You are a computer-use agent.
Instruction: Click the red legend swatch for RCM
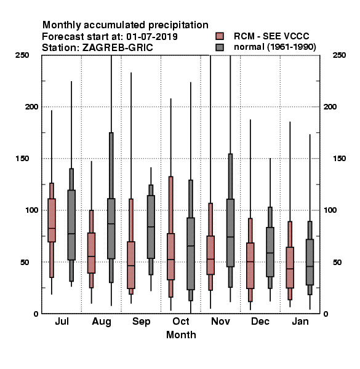[x=220, y=36]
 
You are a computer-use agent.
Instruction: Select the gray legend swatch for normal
[x=220, y=47]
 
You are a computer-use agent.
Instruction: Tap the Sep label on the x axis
[x=142, y=322]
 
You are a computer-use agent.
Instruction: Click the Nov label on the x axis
[x=220, y=321]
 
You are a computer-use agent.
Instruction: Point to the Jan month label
[x=300, y=321]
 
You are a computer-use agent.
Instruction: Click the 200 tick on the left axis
[x=31, y=106]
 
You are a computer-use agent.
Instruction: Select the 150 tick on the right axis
[x=339, y=159]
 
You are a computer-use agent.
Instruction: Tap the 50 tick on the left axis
[x=25, y=262]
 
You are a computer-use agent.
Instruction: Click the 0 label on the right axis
[x=326, y=314]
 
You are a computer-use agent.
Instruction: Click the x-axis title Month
[x=181, y=335]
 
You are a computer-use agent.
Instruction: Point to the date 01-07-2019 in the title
[x=152, y=36]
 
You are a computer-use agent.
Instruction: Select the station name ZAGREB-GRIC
[x=118, y=47]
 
